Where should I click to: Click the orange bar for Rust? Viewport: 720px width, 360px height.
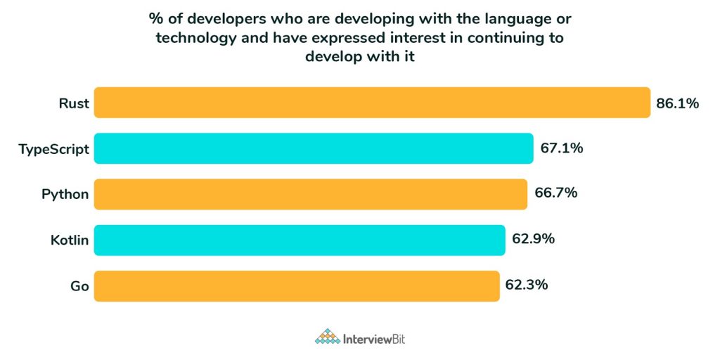(372, 103)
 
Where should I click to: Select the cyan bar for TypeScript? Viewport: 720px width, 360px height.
(314, 148)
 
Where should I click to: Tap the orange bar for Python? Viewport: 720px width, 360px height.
(311, 194)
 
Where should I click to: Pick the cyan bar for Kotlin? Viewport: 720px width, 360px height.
(300, 240)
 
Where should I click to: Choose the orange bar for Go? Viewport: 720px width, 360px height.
(297, 285)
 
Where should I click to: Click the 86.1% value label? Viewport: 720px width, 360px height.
(678, 104)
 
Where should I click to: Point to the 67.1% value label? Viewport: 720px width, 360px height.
(562, 148)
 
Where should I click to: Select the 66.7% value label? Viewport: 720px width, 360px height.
(556, 193)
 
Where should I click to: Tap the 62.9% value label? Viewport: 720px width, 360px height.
(534, 239)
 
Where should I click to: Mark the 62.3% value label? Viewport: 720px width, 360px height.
(527, 285)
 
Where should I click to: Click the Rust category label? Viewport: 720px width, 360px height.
(74, 104)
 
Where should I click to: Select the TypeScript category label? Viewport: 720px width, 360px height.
(55, 149)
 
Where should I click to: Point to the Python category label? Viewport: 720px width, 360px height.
(65, 194)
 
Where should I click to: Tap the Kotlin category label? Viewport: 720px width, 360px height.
(70, 240)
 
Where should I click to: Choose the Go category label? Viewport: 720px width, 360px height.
(79, 286)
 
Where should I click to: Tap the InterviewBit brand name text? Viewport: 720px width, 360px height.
(374, 339)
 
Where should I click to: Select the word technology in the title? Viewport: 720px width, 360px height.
(194, 37)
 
